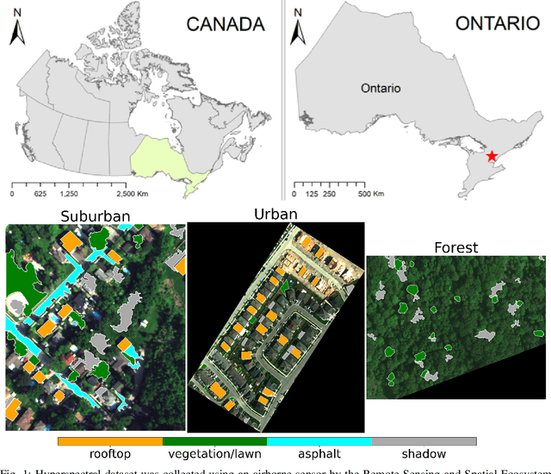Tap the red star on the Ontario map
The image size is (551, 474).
point(491,156)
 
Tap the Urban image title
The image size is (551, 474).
point(275,213)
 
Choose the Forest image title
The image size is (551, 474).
point(457,247)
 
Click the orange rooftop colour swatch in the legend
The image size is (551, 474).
point(110,440)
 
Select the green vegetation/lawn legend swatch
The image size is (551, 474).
point(215,440)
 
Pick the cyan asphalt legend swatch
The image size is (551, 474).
point(319,440)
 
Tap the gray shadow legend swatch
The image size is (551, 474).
point(424,440)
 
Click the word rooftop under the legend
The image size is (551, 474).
point(111,454)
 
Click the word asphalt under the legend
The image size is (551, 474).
point(319,454)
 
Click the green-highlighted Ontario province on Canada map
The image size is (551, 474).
point(164,159)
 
